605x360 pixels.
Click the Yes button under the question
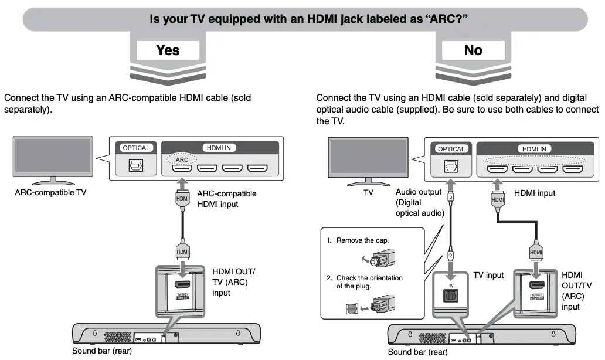pos(168,50)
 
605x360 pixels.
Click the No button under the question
pos(473,50)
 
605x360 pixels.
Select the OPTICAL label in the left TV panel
pos(136,148)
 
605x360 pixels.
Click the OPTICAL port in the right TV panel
pos(451,167)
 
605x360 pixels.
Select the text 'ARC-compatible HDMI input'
pos(226,199)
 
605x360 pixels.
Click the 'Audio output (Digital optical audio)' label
pos(420,202)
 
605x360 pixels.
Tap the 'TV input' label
pos(488,275)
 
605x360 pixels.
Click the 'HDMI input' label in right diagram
pos(534,193)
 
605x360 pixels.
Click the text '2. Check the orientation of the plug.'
pos(365,281)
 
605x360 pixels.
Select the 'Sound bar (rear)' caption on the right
pos(417,352)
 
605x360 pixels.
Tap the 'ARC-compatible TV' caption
pos(50,192)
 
